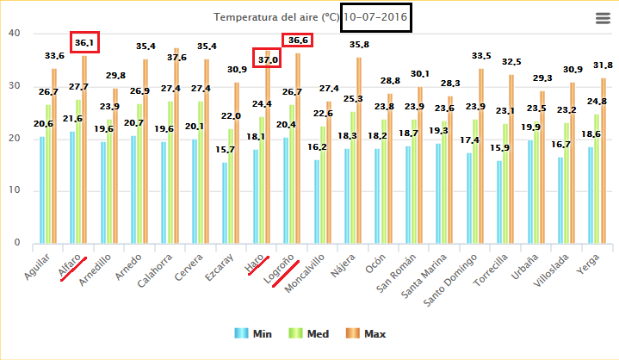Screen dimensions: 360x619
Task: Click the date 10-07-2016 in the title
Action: (376, 17)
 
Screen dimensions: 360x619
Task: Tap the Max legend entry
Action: (367, 333)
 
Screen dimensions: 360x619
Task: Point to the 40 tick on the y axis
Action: (14, 33)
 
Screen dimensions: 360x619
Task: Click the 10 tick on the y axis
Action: (14, 190)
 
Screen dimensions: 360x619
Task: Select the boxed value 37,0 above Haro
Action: (267, 59)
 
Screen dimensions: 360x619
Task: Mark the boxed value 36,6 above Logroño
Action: (297, 40)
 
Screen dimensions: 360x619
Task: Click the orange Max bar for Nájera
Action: (359, 151)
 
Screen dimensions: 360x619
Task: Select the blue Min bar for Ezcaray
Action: (225, 202)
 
